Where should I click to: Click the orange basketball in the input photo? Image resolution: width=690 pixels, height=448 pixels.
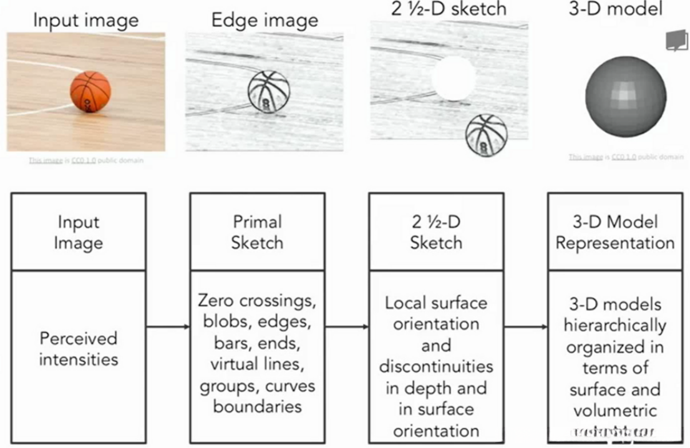(90, 92)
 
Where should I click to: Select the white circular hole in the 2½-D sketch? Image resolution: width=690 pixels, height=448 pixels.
(454, 78)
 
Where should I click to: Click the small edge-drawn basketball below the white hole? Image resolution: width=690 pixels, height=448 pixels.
(486, 134)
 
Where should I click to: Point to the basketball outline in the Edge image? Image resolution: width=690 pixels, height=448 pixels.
(269, 92)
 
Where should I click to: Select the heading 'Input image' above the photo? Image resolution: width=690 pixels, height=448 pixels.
(85, 20)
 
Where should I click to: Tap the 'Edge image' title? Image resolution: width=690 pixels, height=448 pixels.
(265, 20)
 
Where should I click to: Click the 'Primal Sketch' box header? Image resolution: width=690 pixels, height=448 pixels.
(257, 231)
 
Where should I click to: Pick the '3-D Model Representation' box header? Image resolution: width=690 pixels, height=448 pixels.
(615, 231)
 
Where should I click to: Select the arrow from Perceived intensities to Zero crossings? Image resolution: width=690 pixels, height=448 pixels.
(168, 326)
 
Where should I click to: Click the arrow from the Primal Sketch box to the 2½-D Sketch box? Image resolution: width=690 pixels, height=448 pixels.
(346, 326)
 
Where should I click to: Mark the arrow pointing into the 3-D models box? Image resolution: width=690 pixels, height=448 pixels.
(525, 326)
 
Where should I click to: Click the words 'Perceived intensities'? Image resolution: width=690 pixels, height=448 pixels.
(79, 349)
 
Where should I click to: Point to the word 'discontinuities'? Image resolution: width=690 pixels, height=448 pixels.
(436, 366)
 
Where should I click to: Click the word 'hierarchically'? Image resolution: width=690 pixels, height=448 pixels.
(615, 325)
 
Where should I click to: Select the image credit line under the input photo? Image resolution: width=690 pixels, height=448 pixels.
(85, 160)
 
